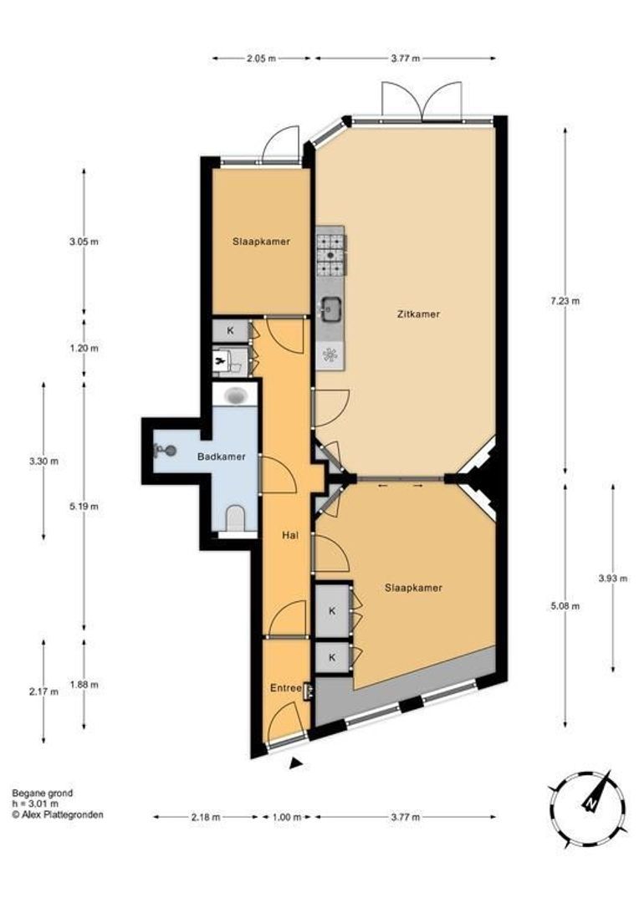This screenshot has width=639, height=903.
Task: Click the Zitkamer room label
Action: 418,314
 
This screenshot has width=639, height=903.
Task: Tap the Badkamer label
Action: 221,457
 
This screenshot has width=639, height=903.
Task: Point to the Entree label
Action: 285,687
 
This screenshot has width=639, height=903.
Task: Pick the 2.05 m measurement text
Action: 261,58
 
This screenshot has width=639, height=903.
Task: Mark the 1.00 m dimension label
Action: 286,817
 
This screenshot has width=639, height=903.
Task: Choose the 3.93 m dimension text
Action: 613,577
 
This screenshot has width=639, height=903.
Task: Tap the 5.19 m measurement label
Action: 84,507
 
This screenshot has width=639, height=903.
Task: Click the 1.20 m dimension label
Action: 84,348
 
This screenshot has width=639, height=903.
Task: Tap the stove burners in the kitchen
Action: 331,256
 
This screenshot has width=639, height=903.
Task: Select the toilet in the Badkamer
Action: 235,518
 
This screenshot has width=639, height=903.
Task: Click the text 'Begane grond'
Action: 42,793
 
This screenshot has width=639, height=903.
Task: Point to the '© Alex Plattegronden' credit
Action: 58,814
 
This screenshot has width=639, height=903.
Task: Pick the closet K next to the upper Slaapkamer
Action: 230,331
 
